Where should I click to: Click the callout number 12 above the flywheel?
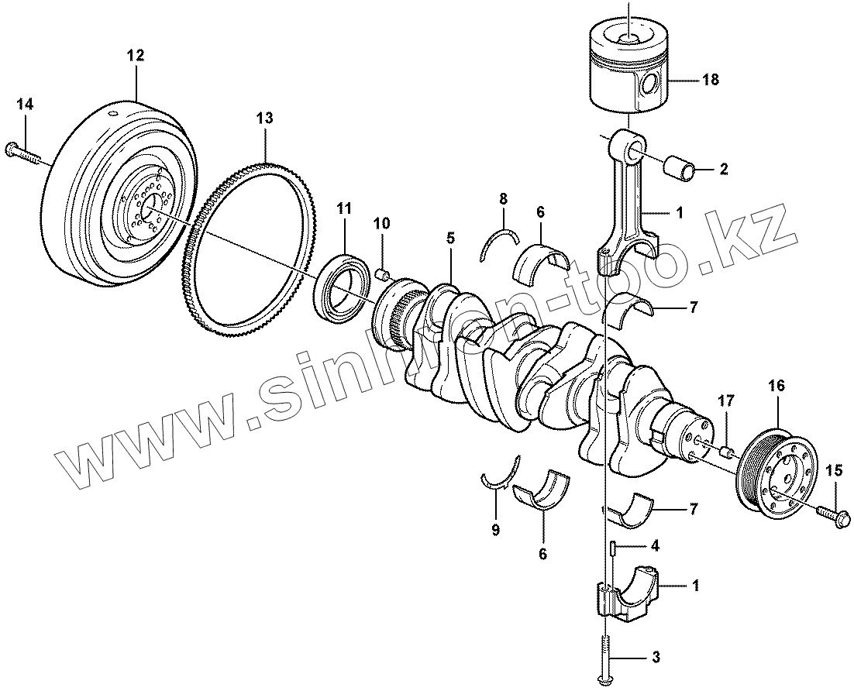tap(136, 55)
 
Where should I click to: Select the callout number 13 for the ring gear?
tap(264, 118)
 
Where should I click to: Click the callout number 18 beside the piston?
tap(711, 79)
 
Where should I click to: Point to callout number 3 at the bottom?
tap(656, 658)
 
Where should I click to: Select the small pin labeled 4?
tap(612, 548)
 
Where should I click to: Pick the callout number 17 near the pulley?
tap(725, 401)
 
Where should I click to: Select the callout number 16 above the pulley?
tap(777, 384)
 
